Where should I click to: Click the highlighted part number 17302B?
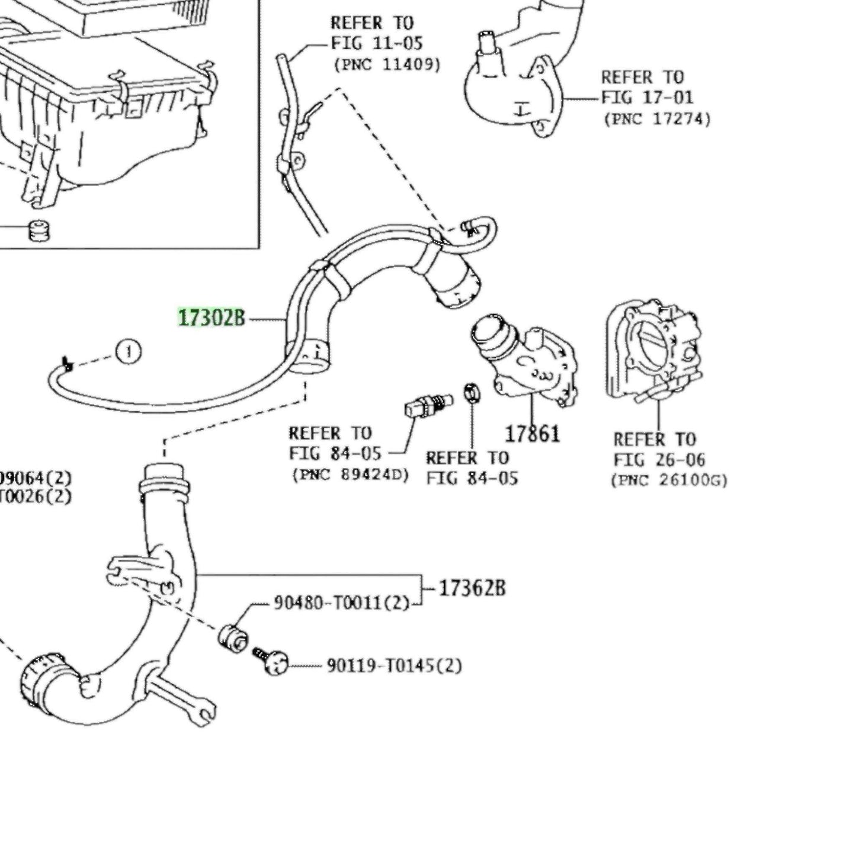coord(211,318)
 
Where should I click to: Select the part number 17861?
coord(532,434)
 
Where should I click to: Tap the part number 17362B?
coord(472,588)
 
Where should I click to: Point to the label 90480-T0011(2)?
coord(341,603)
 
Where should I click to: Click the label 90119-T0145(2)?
coord(394,666)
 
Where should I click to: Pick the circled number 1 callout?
coord(129,352)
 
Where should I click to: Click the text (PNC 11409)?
coord(387,65)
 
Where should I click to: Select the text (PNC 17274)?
coord(657,119)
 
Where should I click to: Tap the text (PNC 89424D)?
coord(350,475)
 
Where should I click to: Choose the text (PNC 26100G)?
coord(669,480)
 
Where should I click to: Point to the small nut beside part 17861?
coord(472,392)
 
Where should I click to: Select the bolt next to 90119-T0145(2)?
coord(271,660)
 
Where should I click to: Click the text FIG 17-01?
coord(647,97)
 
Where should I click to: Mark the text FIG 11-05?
coord(377,43)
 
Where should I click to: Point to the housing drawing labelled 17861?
coord(527,361)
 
